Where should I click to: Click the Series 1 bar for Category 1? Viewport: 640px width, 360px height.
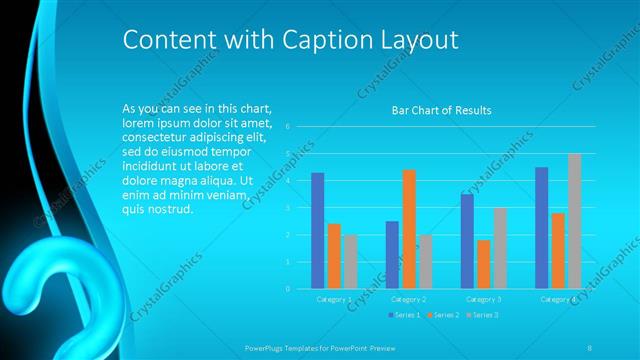pos(318,231)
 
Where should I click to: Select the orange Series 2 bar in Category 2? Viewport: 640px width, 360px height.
pos(409,229)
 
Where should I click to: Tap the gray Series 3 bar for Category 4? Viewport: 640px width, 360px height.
pos(574,221)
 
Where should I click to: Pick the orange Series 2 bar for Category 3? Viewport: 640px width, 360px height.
pos(484,264)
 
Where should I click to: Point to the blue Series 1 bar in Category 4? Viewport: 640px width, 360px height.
pos(541,228)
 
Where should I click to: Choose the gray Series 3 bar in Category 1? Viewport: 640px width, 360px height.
pos(350,261)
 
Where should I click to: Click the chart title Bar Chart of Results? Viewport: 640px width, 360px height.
pos(441,110)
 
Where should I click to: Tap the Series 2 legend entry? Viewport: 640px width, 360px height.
pos(442,315)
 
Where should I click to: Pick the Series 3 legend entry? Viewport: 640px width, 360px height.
pos(482,315)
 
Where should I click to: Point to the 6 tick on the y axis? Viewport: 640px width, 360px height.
pos(287,127)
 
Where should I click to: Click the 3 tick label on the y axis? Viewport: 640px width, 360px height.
pos(287,208)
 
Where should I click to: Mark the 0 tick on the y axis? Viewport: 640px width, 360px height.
pos(287,288)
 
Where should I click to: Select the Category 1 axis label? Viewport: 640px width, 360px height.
pos(334,299)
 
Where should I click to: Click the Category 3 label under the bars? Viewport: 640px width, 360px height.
pos(484,299)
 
